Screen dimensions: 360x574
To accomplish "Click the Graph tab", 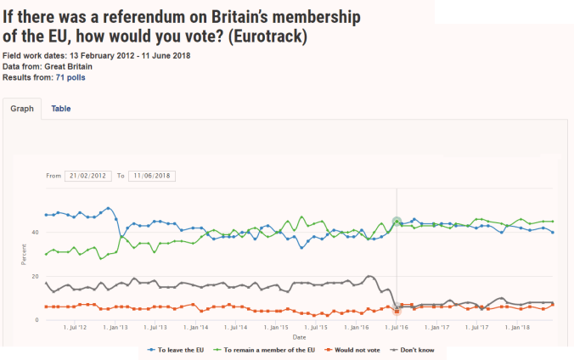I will pos(20,110).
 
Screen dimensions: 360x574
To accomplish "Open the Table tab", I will pos(61,110).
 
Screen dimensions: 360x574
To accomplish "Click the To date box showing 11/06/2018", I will pos(151,176).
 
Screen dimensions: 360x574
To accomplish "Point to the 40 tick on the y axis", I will pos(35,233).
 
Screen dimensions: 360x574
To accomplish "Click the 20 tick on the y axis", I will pos(35,277).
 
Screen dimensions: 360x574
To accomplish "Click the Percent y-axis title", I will pos(24,254).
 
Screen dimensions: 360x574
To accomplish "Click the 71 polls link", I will pos(70,78).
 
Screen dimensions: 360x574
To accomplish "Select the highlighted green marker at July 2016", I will pos(397,222).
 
